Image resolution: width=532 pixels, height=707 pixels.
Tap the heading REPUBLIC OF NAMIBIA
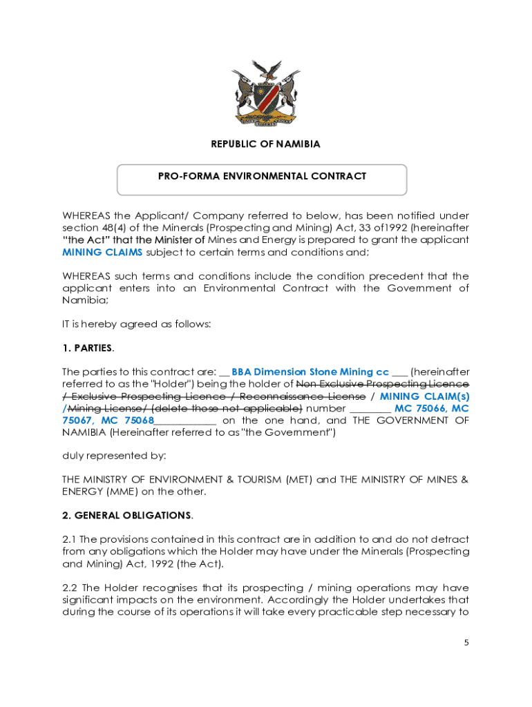coord(265,144)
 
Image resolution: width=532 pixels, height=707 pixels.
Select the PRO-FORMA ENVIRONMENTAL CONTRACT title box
coord(262,179)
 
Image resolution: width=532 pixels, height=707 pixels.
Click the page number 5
coord(466,642)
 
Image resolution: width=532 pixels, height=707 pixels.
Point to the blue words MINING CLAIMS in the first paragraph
coord(103,252)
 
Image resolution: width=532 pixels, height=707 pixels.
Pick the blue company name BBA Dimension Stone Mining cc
coord(310,371)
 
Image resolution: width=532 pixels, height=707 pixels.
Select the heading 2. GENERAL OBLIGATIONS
coord(127,515)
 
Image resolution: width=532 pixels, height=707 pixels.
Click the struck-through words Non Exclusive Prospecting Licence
coord(382,384)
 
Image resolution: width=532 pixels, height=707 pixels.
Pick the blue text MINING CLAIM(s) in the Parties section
coord(424,396)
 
